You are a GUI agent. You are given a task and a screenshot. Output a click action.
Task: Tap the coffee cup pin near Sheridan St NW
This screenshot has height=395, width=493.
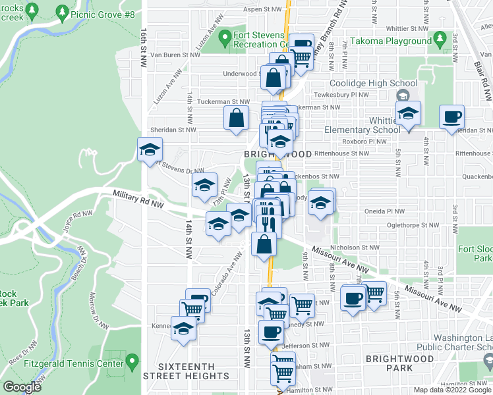pos(452,118)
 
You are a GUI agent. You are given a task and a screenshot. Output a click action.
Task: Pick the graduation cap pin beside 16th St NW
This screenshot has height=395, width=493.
pos(150,150)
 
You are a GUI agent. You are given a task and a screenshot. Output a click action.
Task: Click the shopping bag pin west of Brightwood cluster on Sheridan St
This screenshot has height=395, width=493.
pos(235,120)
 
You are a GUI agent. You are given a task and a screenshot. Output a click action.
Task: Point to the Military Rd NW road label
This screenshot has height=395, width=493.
pos(138,196)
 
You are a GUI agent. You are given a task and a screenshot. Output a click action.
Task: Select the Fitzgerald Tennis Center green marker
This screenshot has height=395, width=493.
pos(132,362)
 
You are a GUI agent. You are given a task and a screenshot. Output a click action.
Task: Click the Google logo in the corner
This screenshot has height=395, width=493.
pos(22,387)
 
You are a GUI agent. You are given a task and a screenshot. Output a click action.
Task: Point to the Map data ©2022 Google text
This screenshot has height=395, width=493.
pos(453,390)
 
